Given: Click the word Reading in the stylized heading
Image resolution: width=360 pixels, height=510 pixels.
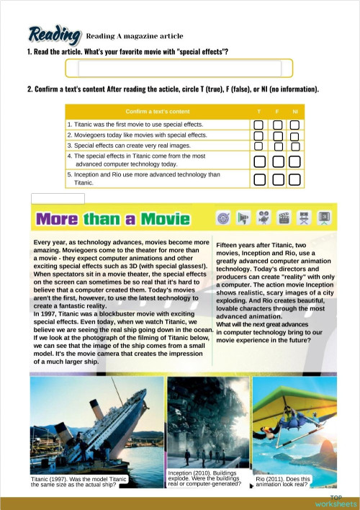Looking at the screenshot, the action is pyautogui.click(x=54, y=34).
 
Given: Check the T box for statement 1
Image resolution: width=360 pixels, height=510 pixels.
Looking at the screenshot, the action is pyautogui.click(x=258, y=125).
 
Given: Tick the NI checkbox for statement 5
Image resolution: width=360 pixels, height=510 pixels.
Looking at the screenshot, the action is pyautogui.click(x=294, y=179).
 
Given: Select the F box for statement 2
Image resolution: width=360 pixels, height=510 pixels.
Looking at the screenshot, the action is pyautogui.click(x=276, y=135).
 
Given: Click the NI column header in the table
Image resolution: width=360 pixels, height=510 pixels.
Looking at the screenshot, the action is pyautogui.click(x=294, y=112).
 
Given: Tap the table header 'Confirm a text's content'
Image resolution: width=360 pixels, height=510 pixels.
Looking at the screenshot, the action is pyautogui.click(x=158, y=112).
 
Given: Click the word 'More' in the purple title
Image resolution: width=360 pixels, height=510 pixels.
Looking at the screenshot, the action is pyautogui.click(x=58, y=218).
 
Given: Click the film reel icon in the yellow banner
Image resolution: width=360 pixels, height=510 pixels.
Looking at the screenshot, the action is pyautogui.click(x=223, y=217).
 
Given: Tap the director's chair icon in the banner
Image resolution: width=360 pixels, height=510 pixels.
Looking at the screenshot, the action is pyautogui.click(x=305, y=217).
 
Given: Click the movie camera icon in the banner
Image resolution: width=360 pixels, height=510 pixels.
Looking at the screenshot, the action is pyautogui.click(x=264, y=217).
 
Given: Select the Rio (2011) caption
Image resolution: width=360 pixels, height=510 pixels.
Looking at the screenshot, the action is pyautogui.click(x=284, y=481).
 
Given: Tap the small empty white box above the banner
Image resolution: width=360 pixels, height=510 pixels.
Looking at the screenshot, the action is pyautogui.click(x=58, y=198).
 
